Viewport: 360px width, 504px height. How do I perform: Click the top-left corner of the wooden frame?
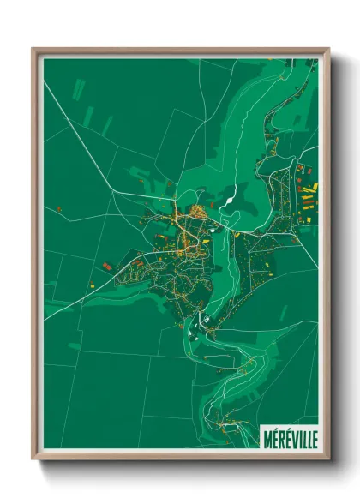coord(33,49)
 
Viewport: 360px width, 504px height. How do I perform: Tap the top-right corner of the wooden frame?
coord(328,49)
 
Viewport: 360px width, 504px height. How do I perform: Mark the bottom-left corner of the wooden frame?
coord(33,459)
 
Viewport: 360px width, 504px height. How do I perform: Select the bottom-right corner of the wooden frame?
coord(328,459)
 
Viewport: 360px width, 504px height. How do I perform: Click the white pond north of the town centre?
coord(229,203)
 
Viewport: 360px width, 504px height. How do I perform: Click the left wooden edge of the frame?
coord(35,257)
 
